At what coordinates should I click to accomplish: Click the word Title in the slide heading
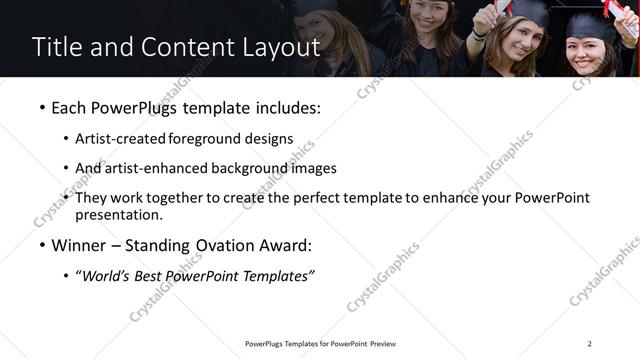click(x=55, y=47)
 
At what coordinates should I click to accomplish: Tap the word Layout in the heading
click(x=279, y=47)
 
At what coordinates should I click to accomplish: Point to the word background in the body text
click(x=253, y=168)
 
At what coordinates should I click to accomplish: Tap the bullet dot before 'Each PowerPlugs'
click(x=41, y=108)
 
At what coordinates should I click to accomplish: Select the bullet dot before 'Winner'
click(x=41, y=245)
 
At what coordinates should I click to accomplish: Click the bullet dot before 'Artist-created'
click(x=66, y=139)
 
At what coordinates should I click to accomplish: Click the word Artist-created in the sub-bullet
click(x=121, y=139)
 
